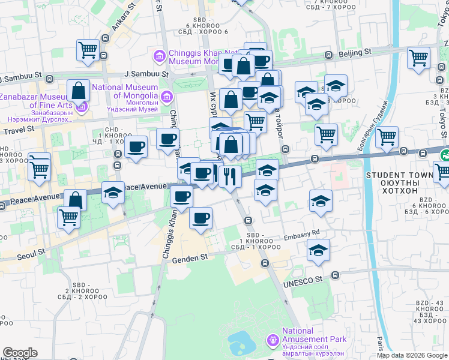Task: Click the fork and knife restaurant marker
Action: (230, 175)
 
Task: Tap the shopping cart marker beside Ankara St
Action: (88, 50)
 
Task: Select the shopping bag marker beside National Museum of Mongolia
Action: (79, 91)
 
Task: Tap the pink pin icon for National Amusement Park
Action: (274, 340)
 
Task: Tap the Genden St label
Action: (190, 257)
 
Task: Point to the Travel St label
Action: (18, 130)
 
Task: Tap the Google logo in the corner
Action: (20, 353)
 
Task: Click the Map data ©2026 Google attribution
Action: (412, 355)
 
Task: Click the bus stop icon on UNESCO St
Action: (334, 275)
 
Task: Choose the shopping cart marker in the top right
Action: (418, 58)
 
